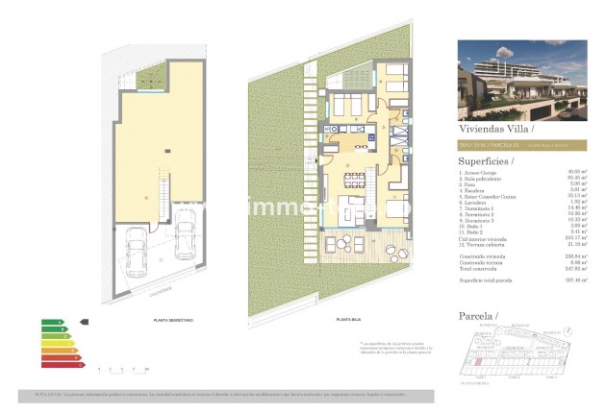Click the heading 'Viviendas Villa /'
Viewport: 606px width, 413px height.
click(x=492, y=127)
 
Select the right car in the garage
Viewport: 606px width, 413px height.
click(x=183, y=254)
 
